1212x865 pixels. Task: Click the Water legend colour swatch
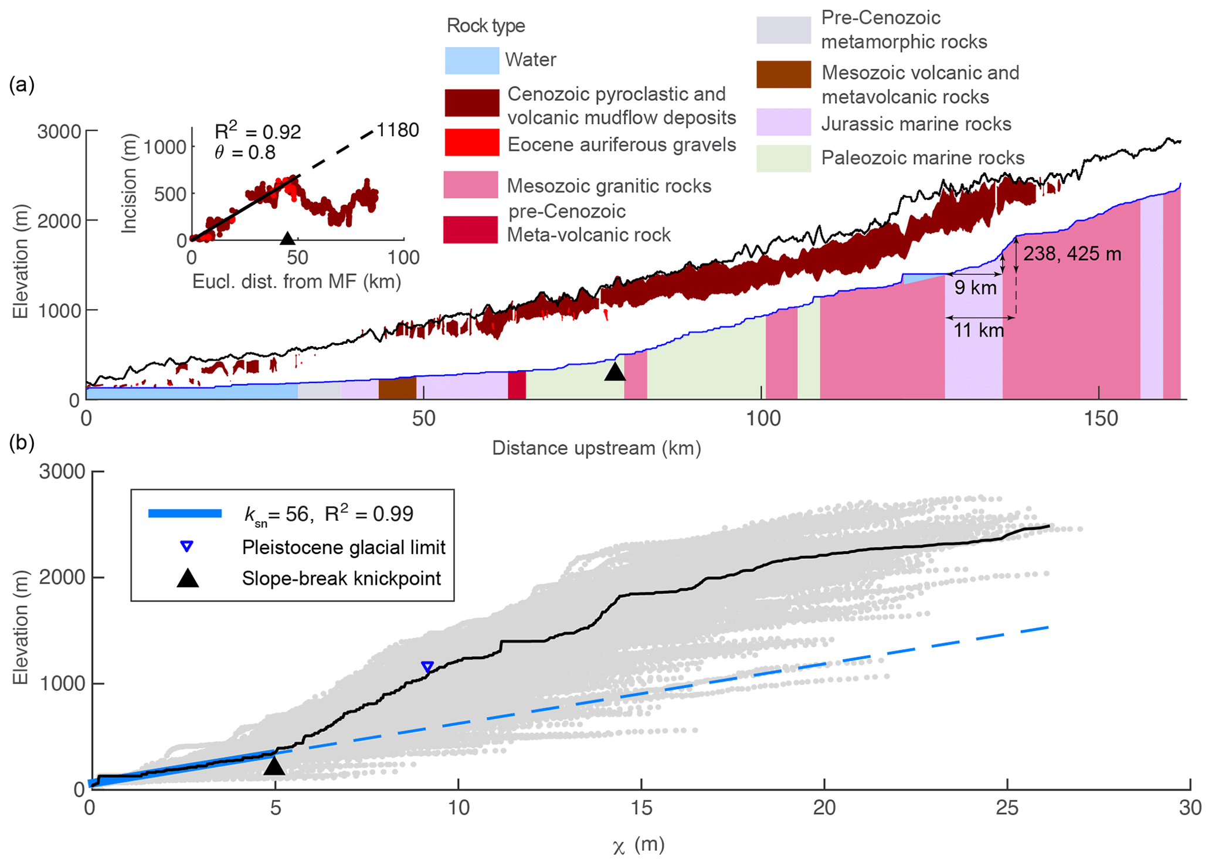(471, 60)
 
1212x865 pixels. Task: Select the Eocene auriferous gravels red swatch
(471, 143)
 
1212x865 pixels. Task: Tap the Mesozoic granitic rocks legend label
(609, 186)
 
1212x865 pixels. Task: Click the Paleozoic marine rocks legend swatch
(783, 158)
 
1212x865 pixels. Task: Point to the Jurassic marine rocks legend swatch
(783, 123)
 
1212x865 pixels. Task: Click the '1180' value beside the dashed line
(398, 130)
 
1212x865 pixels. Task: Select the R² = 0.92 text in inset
(258, 132)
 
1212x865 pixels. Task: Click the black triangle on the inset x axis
(287, 238)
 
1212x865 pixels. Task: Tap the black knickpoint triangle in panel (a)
(615, 372)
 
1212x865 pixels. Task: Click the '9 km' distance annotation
(975, 288)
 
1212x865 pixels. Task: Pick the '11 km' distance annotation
(978, 331)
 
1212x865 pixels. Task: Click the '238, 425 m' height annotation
(1072, 254)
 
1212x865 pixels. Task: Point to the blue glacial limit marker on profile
(427, 667)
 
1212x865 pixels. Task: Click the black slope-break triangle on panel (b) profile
(274, 765)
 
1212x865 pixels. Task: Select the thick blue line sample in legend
(185, 514)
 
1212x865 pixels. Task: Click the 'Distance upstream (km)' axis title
(596, 448)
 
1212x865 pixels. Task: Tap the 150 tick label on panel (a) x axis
(1101, 419)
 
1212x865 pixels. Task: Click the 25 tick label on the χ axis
(1007, 808)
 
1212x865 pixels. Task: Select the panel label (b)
(22, 443)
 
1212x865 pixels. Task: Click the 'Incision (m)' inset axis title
(129, 184)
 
